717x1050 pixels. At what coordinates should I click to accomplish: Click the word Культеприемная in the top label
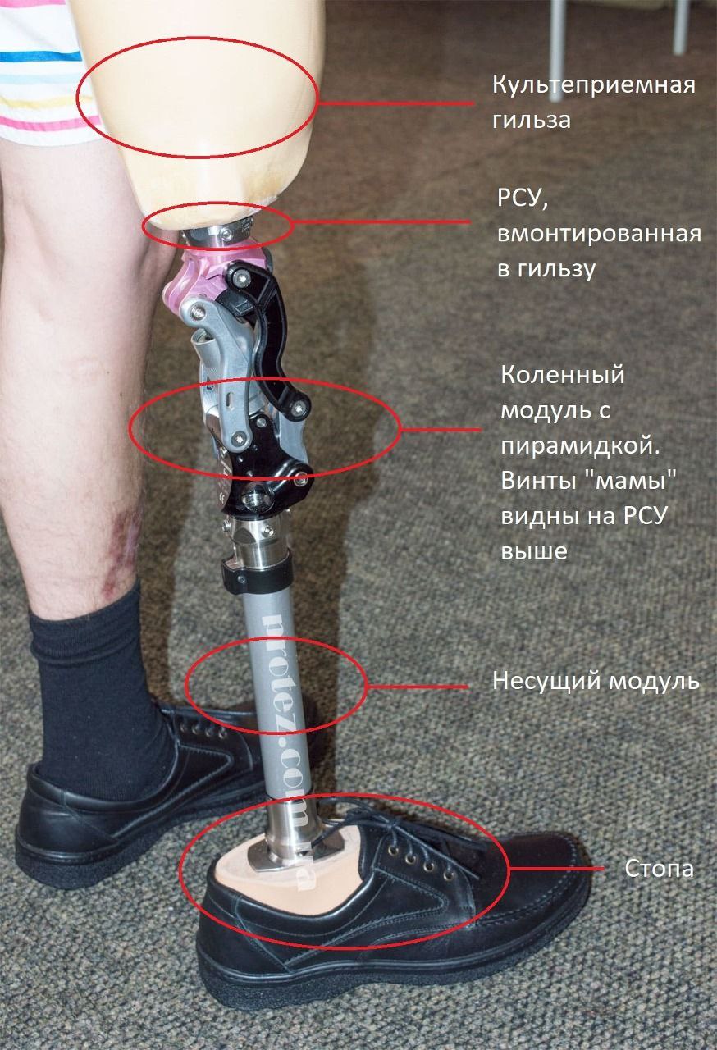(594, 86)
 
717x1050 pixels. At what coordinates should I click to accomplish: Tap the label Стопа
(659, 869)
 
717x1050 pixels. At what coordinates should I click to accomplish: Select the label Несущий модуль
(596, 681)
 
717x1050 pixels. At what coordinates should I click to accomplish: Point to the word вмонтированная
(599, 233)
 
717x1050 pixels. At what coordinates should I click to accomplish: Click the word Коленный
(562, 376)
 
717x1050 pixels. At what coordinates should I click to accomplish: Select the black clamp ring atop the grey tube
(257, 576)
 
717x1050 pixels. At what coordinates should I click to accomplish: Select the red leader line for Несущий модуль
(417, 687)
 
